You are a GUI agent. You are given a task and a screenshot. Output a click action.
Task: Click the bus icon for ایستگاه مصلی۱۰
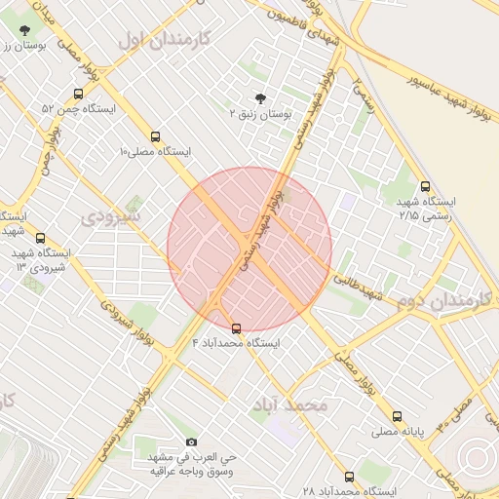(157, 137)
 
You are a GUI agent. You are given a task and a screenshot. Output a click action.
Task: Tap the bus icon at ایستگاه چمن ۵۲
(78, 95)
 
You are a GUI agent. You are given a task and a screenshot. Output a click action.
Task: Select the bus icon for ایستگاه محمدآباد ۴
(236, 328)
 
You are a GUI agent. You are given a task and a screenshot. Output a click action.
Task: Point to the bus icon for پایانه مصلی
(397, 416)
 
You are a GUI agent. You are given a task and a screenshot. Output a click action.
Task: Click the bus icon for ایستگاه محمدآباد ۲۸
(349, 477)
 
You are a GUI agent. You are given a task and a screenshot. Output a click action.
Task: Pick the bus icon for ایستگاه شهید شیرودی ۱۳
(40, 238)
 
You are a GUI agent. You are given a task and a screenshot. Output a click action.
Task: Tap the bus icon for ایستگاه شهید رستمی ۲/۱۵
(425, 186)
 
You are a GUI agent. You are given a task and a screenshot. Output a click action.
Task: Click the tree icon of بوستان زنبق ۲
(259, 98)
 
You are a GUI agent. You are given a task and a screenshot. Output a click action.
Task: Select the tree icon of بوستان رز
(23, 29)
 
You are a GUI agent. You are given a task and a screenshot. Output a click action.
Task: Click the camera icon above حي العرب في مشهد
(190, 441)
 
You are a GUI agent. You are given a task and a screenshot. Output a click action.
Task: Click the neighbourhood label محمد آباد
(289, 403)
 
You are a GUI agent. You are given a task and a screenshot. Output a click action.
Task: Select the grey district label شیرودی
(112, 215)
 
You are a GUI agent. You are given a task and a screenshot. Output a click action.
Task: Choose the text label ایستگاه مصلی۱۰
(156, 152)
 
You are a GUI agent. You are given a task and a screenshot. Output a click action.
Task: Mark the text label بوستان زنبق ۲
(259, 113)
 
